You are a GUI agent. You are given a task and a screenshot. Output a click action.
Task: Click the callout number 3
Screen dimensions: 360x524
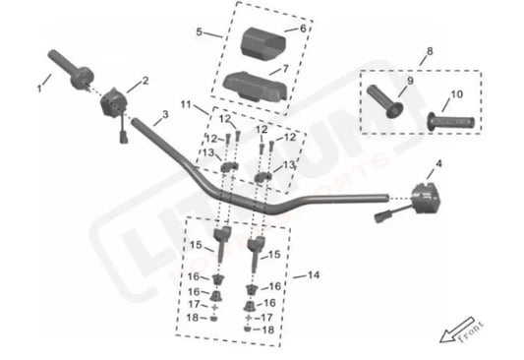[x=165, y=116]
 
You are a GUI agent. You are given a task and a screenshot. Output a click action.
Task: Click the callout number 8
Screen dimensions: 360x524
[x=429, y=50]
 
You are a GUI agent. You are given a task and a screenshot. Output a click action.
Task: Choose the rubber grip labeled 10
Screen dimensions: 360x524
[x=452, y=122]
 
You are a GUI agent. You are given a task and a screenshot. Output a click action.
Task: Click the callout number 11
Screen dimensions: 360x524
[x=187, y=103]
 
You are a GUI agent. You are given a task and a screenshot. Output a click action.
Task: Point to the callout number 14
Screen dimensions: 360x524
[x=313, y=275]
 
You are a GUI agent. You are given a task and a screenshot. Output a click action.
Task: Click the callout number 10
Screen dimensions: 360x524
[x=455, y=95]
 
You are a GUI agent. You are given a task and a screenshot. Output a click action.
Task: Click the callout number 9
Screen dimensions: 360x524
[x=399, y=81]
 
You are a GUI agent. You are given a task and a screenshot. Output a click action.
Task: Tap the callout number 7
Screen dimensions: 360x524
[x=301, y=70]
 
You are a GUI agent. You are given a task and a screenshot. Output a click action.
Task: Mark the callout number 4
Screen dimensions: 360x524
[x=438, y=162]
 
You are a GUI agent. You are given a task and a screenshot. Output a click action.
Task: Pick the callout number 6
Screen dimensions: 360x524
[x=303, y=29]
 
